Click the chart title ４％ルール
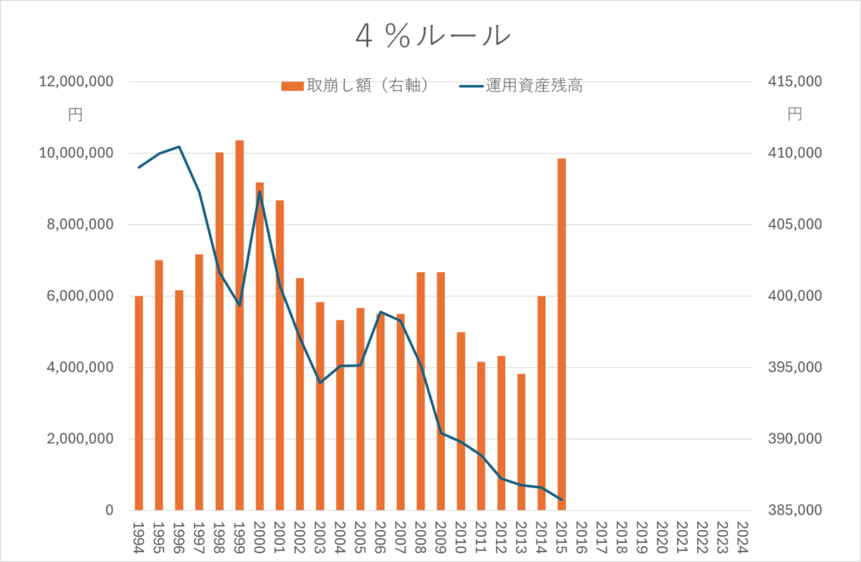pos(431,34)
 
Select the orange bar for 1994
pos(139,403)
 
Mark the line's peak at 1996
pos(179,147)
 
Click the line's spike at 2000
pos(259,192)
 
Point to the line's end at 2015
pos(562,500)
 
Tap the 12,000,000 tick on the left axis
pos(77,82)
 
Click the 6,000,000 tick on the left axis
pos(80,297)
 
